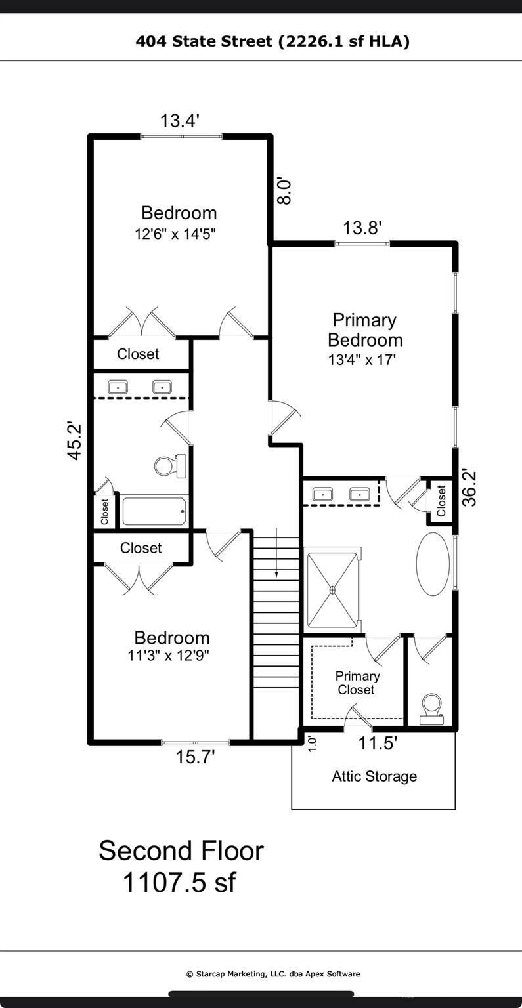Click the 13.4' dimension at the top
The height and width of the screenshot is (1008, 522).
[180, 121]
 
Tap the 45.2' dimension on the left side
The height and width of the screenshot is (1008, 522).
[75, 440]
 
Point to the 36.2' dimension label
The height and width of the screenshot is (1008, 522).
[469, 488]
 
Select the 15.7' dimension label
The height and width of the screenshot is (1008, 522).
[195, 757]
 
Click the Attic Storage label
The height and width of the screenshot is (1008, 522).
[374, 776]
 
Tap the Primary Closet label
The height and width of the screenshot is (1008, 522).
[357, 682]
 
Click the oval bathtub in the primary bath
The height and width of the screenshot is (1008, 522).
[433, 564]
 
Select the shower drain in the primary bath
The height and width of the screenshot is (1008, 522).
[333, 589]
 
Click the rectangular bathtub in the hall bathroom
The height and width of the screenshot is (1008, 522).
[154, 511]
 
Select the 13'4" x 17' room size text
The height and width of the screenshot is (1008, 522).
[362, 360]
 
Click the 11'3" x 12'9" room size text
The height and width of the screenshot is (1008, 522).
[169, 655]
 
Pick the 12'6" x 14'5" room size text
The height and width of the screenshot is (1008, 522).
[176, 234]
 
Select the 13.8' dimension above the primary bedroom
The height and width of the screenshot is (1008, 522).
[362, 228]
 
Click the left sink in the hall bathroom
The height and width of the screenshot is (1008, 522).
[118, 387]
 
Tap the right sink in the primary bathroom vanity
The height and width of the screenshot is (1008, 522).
[360, 495]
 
